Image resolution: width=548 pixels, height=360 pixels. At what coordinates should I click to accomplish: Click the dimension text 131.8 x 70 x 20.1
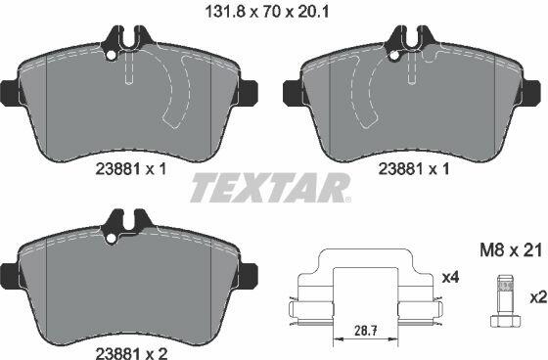click(266, 12)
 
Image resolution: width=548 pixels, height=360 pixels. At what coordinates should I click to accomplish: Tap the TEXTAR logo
click(270, 188)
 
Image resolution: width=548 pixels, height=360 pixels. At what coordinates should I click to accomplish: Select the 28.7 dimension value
click(366, 330)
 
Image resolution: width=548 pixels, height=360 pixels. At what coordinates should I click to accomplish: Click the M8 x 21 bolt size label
click(510, 250)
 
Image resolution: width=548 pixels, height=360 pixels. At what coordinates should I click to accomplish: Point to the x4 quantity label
click(450, 278)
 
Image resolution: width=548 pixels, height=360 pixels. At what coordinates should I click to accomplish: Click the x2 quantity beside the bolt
click(538, 297)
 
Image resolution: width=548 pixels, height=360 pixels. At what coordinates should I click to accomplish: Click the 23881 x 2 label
click(131, 352)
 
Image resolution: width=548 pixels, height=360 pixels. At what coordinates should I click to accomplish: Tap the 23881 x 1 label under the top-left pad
click(131, 169)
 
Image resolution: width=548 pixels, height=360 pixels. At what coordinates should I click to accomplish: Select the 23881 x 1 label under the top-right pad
click(414, 169)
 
